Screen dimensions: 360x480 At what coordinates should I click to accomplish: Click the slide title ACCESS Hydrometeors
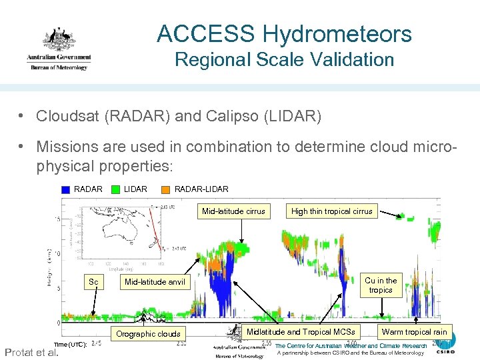pyautogui.click(x=284, y=33)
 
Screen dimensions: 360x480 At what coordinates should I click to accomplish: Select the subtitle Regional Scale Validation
pyautogui.click(x=284, y=60)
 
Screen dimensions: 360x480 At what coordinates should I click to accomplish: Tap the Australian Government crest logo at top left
pyautogui.click(x=58, y=48)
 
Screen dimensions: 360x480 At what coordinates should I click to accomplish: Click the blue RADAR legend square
pyautogui.click(x=65, y=189)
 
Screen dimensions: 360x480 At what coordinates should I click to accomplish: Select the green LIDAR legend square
pyautogui.click(x=115, y=189)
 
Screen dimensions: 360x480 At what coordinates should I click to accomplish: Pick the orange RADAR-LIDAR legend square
pyautogui.click(x=166, y=189)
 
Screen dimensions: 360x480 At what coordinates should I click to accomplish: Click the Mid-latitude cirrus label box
pyautogui.click(x=233, y=211)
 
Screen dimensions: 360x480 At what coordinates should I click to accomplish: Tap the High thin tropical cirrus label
pyautogui.click(x=331, y=211)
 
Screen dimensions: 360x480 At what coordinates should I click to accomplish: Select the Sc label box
pyautogui.click(x=93, y=282)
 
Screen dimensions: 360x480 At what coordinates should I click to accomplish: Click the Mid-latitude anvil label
pyautogui.click(x=154, y=282)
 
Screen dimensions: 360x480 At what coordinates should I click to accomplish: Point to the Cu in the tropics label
pyautogui.click(x=381, y=285)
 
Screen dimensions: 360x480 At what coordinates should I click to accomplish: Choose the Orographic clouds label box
pyautogui.click(x=148, y=333)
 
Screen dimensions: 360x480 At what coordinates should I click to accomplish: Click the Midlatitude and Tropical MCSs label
pyautogui.click(x=301, y=331)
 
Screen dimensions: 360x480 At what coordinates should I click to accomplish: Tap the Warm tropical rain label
pyautogui.click(x=414, y=331)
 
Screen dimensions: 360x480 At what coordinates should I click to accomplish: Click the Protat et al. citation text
pyautogui.click(x=31, y=352)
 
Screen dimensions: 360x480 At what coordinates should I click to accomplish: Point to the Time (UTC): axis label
pyautogui.click(x=69, y=344)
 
